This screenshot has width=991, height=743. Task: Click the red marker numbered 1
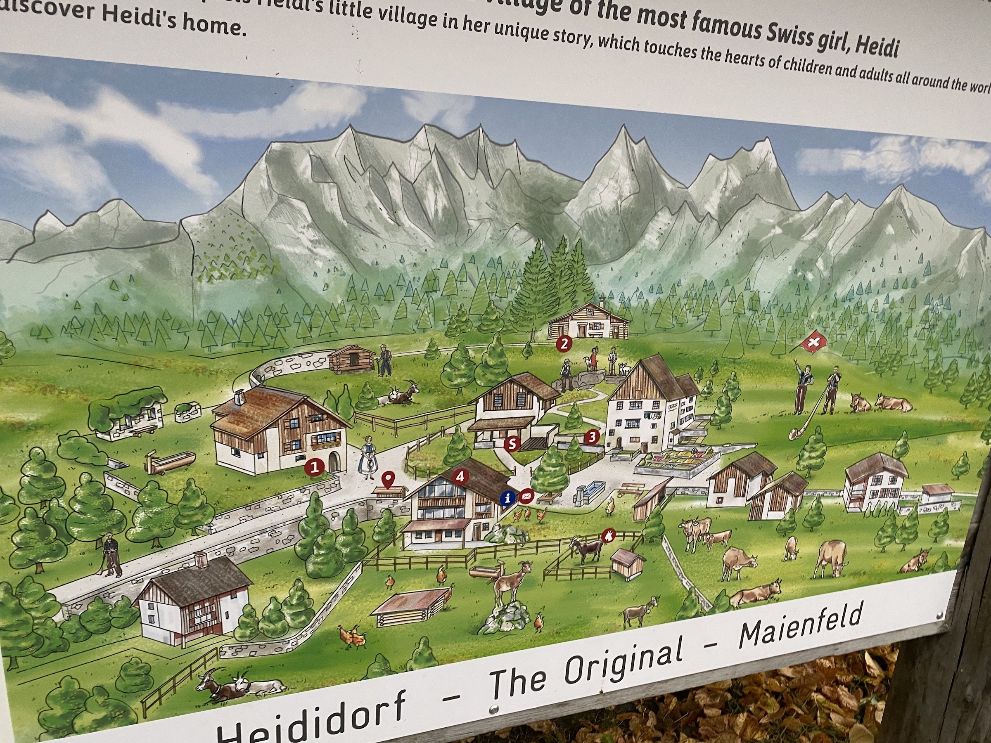pos(315,467)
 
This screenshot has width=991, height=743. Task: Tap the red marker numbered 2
pos(564,344)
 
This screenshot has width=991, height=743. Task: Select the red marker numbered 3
pos(592,436)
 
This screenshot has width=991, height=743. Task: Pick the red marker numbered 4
pos(460,476)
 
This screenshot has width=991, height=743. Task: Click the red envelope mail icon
pos(526,495)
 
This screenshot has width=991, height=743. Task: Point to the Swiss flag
pos(812,343)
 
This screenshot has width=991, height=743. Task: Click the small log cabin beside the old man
pos(351,359)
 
